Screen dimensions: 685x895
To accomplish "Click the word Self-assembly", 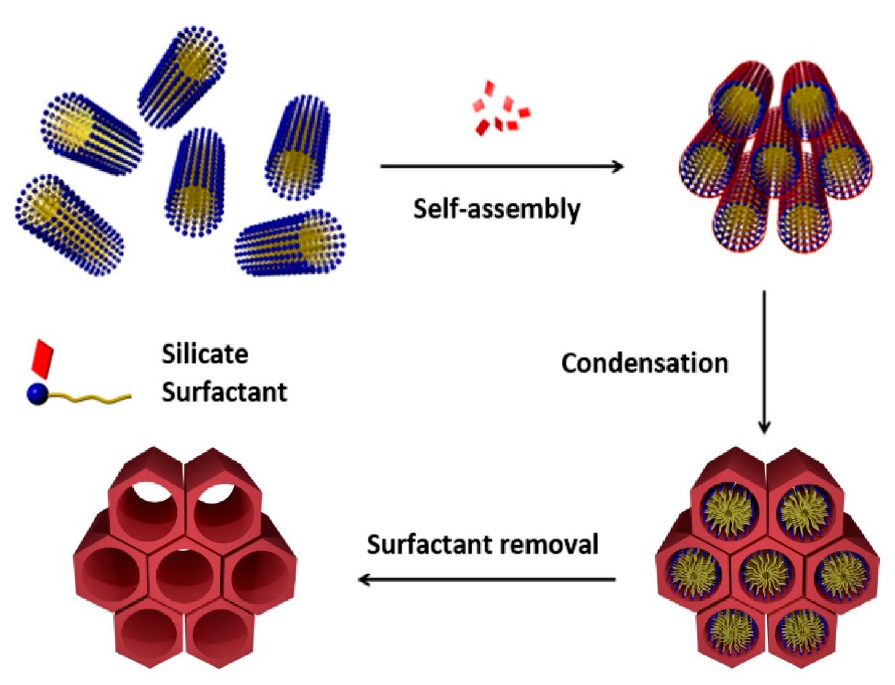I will tap(496, 209).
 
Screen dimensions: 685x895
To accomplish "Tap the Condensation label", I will tap(644, 363).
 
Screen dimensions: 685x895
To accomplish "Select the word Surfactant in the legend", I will tap(224, 392).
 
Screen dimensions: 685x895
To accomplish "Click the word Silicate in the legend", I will tap(205, 354).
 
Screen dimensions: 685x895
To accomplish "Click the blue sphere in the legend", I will tap(38, 394).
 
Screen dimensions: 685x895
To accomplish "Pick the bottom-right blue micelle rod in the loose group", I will tap(290, 243).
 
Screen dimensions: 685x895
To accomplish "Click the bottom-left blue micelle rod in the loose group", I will tap(68, 224).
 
